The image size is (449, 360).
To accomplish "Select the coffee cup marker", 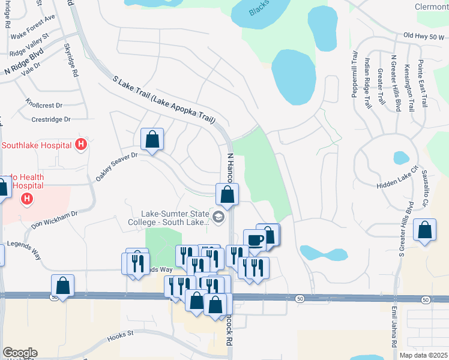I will pyautogui.click(x=255, y=240).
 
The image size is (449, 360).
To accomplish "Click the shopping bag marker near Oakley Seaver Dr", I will pyautogui.click(x=152, y=140).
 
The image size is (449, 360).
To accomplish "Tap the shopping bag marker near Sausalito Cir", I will pyautogui.click(x=425, y=230).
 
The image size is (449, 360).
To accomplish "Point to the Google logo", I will pyautogui.click(x=20, y=353).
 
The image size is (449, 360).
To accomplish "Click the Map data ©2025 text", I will pyautogui.click(x=423, y=355).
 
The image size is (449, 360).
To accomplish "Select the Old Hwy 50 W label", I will pyautogui.click(x=425, y=37).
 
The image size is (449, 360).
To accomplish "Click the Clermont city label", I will pyautogui.click(x=432, y=7).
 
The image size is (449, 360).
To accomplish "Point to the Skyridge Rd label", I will pyautogui.click(x=71, y=61).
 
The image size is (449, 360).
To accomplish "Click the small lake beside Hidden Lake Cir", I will pyautogui.click(x=401, y=158).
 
